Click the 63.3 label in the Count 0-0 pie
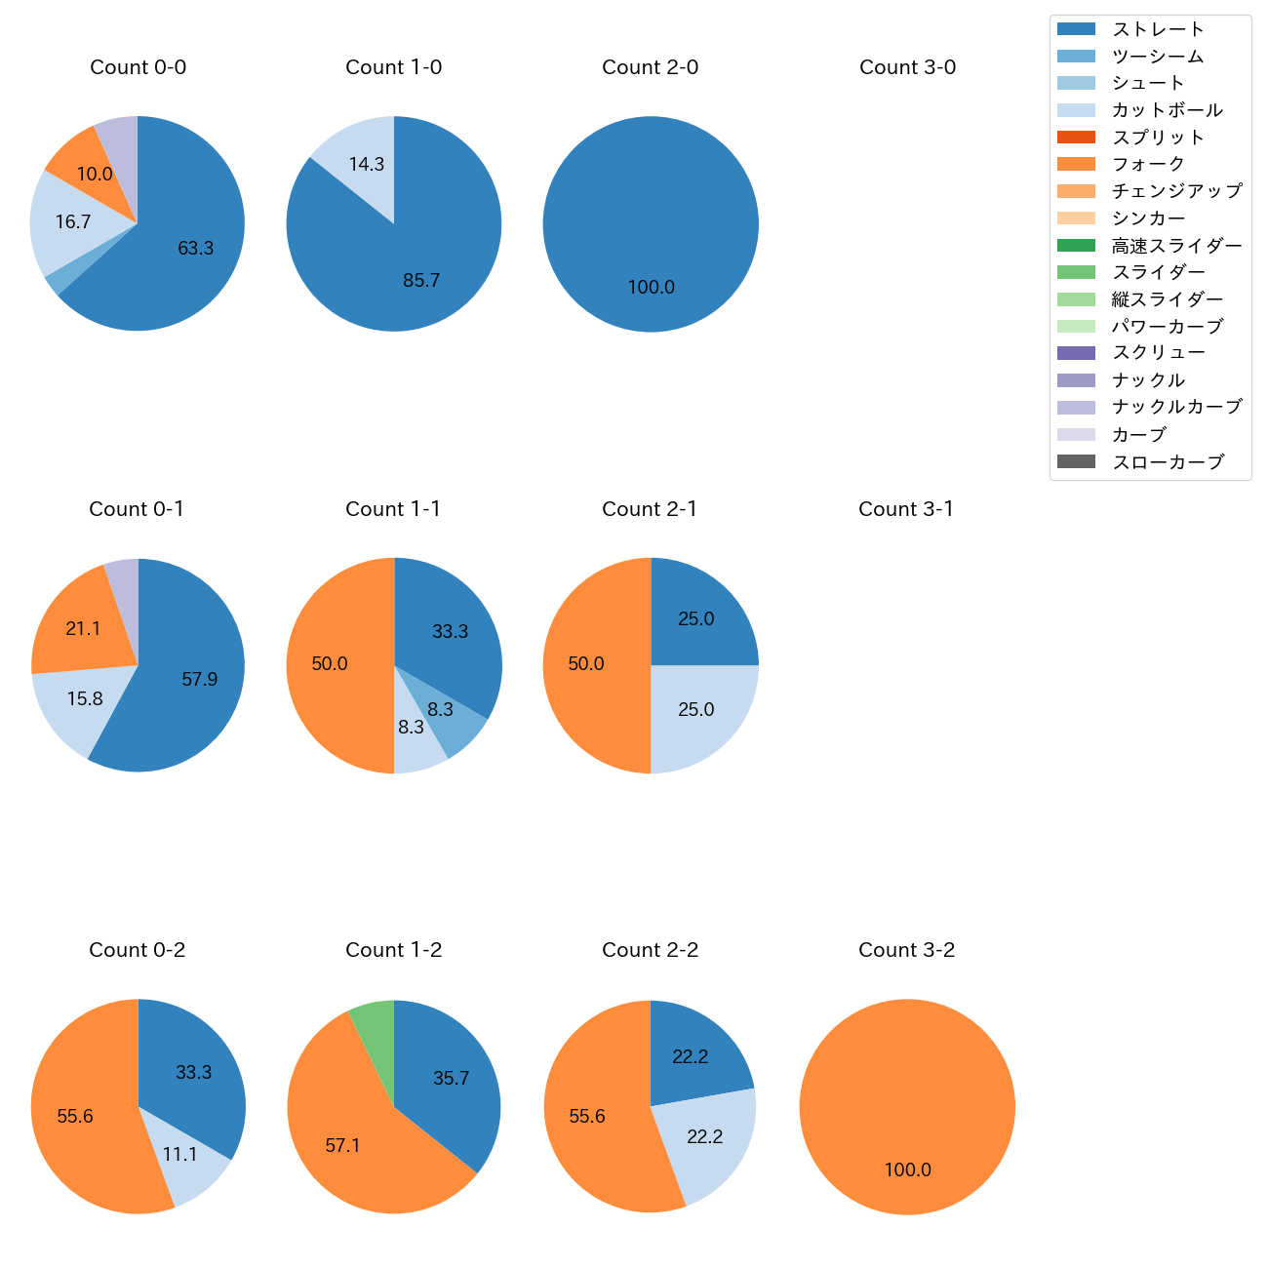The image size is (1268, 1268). pos(195,249)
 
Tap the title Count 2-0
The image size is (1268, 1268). pos(651,67)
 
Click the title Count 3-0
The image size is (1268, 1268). pos(907,67)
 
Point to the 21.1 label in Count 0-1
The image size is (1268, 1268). pos(83,629)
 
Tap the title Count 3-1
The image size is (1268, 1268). pos(906,509)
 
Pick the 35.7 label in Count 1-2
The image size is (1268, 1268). pos(451,1079)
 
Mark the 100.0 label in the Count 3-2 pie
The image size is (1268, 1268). pos(907,1170)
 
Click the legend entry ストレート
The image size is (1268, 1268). pos(1158,29)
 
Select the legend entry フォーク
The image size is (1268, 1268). pos(1148,164)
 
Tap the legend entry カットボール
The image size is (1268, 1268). pos(1167,110)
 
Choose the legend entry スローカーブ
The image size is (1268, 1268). pos(1168,462)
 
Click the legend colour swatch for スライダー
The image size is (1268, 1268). pos(1076,272)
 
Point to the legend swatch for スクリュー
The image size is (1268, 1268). pos(1076,353)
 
